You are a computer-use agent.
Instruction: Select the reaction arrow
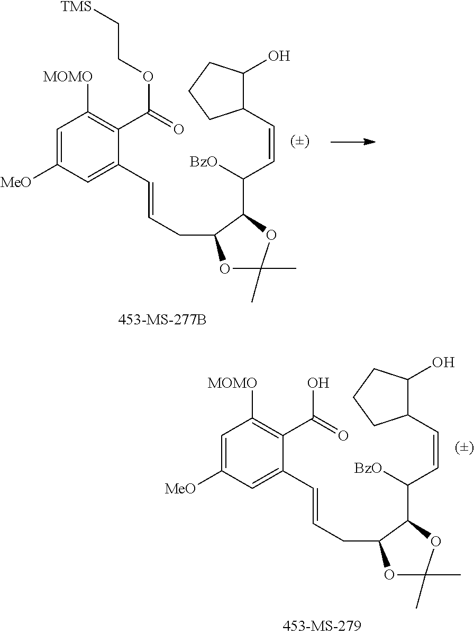(x=352, y=142)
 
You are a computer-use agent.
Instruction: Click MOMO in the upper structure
(x=67, y=77)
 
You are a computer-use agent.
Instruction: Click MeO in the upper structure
(x=16, y=182)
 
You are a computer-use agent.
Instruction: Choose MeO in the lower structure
(x=181, y=488)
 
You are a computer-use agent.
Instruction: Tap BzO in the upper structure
(x=204, y=162)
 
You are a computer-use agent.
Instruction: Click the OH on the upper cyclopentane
(x=279, y=56)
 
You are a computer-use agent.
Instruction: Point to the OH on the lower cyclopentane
(x=443, y=362)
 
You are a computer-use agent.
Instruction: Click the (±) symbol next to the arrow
(x=299, y=142)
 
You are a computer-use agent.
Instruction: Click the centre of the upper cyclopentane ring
(x=216, y=89)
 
